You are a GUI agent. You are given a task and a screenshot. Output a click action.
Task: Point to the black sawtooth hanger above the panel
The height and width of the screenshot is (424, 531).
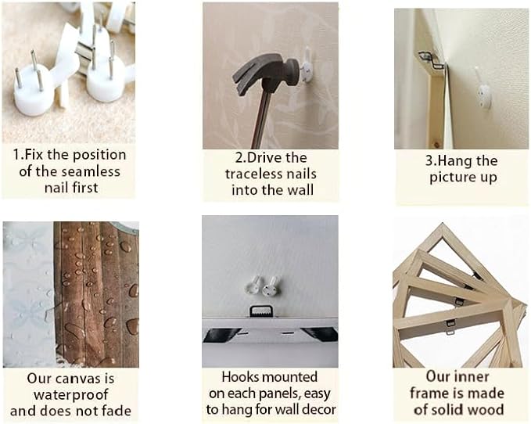[260, 311]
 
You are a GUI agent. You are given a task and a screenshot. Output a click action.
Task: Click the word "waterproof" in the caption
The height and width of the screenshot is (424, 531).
[71, 394]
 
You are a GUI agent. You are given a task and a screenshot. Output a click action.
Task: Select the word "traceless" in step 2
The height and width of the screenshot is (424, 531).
[253, 174]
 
